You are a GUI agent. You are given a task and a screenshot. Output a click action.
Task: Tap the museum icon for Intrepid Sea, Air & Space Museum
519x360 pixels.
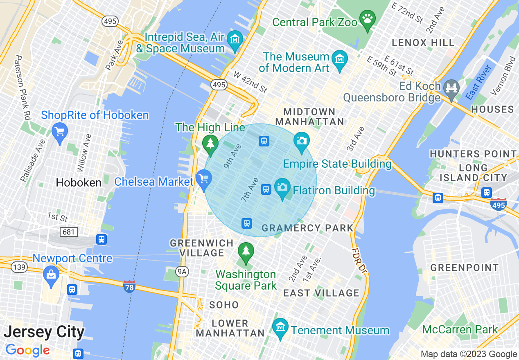coord(235,40)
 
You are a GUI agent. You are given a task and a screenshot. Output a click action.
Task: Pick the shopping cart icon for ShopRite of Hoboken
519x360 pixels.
coord(60,132)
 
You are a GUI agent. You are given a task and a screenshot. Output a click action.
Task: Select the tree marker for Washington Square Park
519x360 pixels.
coord(246,251)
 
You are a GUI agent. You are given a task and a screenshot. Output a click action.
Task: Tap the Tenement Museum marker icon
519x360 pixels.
coord(280,328)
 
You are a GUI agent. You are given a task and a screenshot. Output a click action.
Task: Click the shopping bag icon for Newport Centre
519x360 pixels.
coord(51,274)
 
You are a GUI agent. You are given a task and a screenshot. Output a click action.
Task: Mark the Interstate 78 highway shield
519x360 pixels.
coord(129,287)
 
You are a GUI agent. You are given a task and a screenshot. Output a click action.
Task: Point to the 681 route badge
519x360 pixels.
coord(68,232)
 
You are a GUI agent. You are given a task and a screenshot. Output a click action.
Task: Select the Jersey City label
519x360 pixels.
coord(44,332)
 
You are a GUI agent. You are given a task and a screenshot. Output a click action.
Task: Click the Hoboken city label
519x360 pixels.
coord(79,182)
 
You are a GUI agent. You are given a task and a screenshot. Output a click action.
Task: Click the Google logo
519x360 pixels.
coord(27,351)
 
